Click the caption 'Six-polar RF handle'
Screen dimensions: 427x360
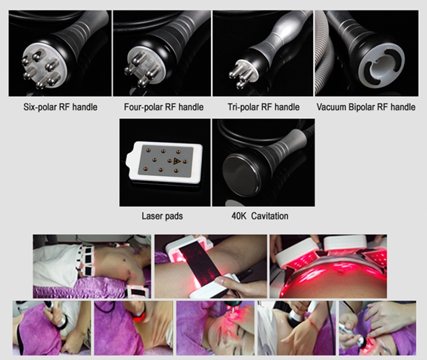coord(60,107)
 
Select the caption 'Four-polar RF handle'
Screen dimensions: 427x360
coord(164,107)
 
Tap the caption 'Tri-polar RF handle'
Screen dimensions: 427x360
coord(263,107)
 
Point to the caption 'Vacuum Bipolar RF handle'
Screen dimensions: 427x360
coord(366,107)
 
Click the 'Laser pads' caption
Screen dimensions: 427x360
coord(162,216)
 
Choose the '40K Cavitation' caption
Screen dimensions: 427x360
coord(260,216)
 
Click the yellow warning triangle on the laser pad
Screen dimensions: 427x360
coord(177,161)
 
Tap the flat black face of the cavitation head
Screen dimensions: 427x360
coord(240,174)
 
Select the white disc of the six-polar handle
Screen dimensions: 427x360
coord(44,67)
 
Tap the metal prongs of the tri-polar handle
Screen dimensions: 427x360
coord(238,73)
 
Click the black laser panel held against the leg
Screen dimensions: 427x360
coord(201,267)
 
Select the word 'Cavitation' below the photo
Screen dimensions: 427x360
coord(269,216)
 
